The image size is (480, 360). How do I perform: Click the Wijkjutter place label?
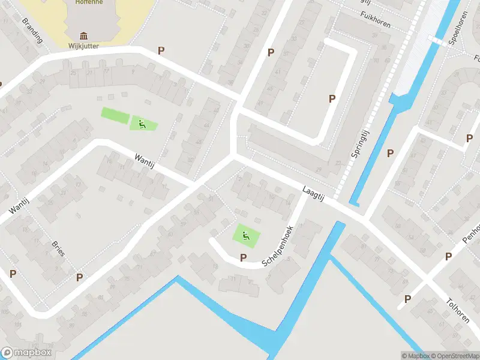(x=83, y=45)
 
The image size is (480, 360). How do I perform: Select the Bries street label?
(x=58, y=248)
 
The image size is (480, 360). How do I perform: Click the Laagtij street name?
(x=313, y=193)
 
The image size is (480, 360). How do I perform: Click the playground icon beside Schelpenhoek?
(x=245, y=236)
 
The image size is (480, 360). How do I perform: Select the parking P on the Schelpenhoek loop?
(x=243, y=257)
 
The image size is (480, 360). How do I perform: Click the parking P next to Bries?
(x=79, y=277)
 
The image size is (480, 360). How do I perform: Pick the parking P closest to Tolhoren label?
(x=408, y=298)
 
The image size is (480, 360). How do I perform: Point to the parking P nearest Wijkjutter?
(x=161, y=50)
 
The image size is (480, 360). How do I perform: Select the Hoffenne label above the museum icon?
(x=89, y=2)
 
